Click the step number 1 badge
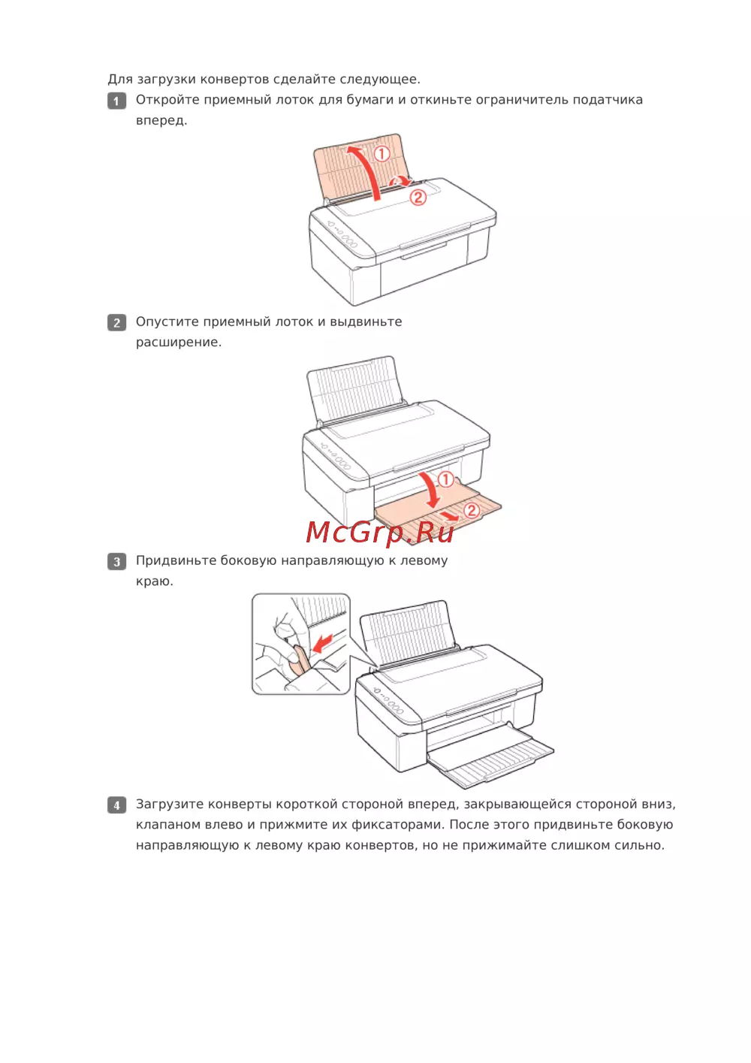click(116, 101)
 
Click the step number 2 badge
click(116, 323)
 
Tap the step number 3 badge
click(116, 561)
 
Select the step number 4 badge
click(116, 805)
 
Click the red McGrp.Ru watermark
click(380, 533)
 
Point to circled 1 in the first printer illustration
click(382, 153)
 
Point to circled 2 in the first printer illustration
click(418, 197)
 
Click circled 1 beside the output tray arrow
click(445, 479)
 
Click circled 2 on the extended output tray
click(472, 510)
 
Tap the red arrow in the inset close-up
click(324, 644)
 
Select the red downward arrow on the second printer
click(431, 491)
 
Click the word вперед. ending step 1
click(161, 121)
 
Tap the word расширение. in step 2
click(179, 343)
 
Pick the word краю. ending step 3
click(155, 581)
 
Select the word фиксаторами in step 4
click(397, 825)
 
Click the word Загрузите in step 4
click(170, 805)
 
